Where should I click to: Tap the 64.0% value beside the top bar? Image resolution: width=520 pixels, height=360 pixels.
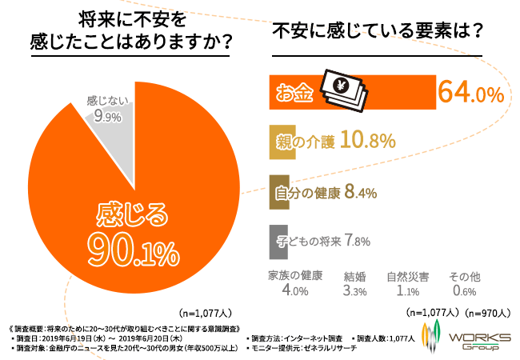pyautogui.click(x=470, y=93)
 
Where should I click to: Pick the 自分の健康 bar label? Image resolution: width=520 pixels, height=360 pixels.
pyautogui.click(x=308, y=192)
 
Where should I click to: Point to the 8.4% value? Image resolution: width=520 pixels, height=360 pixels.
pyautogui.click(x=361, y=192)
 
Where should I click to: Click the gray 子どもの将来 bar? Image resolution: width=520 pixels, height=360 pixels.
pyautogui.click(x=278, y=241)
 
